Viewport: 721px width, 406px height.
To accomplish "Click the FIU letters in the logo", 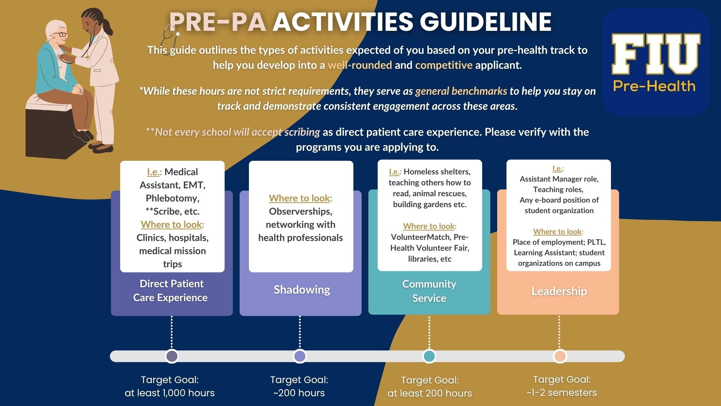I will tap(655, 54).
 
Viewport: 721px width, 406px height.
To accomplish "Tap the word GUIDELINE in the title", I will tap(485, 21).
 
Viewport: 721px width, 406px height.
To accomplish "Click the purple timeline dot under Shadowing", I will tap(300, 356).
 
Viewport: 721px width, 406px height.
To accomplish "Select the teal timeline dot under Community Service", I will tap(429, 356).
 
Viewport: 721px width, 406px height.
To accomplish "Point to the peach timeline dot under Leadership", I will tap(560, 356).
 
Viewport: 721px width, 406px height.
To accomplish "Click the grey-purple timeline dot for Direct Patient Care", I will tap(172, 356).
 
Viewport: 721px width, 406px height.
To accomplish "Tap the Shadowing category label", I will tap(302, 290).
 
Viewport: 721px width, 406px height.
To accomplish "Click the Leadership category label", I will tap(559, 291).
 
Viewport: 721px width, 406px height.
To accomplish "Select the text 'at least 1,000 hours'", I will tap(169, 393).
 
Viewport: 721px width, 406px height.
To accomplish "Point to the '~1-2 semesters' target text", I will tap(561, 392).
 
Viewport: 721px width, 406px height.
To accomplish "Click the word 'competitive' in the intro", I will tap(443, 65).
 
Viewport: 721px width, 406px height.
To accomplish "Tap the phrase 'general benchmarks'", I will tap(461, 91).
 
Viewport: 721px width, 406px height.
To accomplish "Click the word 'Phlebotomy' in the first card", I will tap(172, 198).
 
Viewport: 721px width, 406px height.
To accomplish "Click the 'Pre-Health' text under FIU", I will tap(654, 86).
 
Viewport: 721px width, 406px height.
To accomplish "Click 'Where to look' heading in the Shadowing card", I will tap(299, 198).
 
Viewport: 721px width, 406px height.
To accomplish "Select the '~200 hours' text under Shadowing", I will tap(299, 393).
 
